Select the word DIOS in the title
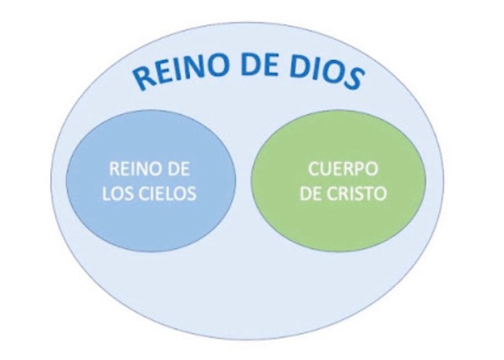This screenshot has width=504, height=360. tap(327, 73)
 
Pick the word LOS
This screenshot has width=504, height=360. tap(117, 194)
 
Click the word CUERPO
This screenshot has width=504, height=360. tap(343, 169)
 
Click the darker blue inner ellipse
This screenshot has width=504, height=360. tap(151, 181)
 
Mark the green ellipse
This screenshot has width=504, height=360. tap(339, 181)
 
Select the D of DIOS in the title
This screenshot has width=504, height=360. tap(300, 67)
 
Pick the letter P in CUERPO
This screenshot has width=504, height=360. tap(359, 169)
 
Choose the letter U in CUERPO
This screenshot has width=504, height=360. tap(325, 169)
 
